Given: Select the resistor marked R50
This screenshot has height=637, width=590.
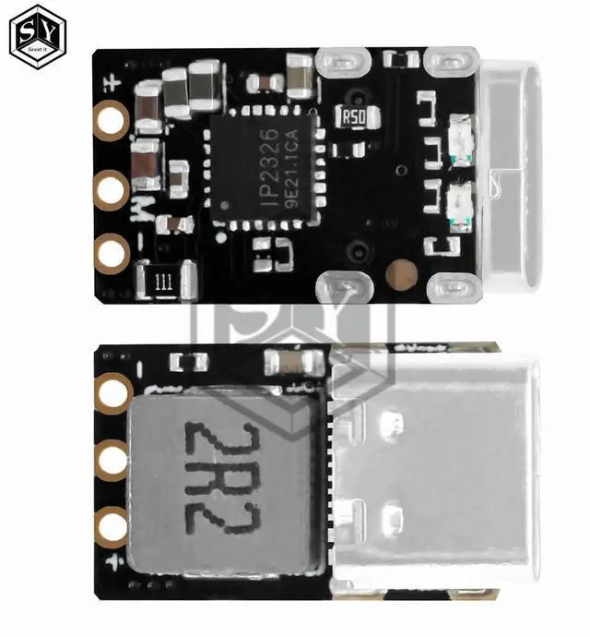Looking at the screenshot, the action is (354, 117).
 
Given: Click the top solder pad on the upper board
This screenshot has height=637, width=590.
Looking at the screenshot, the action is (112, 120).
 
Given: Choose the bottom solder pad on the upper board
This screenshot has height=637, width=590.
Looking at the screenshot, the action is (112, 251).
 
